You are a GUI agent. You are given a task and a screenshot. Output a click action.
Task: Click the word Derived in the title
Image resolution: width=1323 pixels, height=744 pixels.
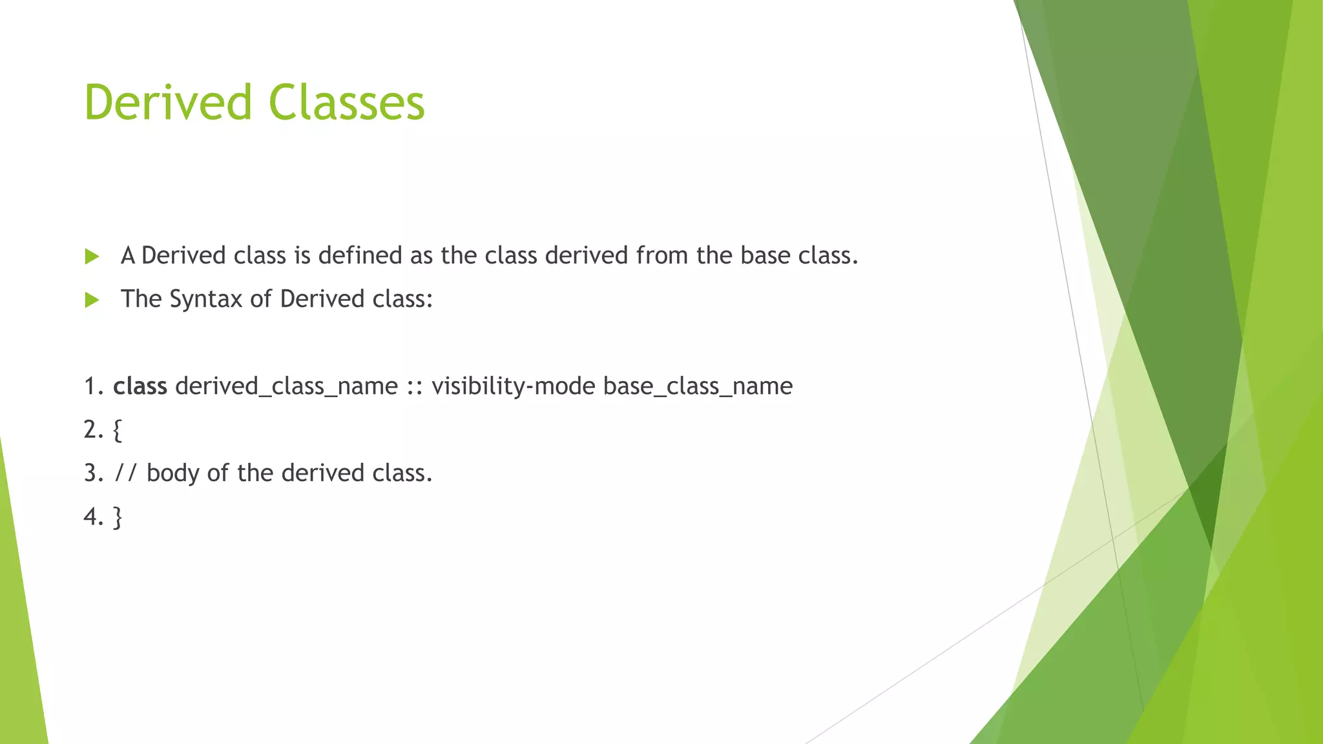coord(167,103)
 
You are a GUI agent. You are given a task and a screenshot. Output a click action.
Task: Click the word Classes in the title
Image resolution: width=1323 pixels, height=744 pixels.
coord(346,103)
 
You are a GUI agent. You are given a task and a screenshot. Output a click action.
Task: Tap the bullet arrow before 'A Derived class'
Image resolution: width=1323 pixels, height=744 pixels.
coord(92,256)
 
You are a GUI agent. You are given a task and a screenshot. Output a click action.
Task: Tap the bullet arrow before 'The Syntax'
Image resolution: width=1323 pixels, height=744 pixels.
coord(92,300)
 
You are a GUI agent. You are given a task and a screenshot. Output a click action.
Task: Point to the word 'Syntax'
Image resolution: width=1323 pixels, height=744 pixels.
coord(206,299)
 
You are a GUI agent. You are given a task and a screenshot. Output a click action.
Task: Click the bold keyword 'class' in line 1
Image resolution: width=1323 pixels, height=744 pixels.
coord(140,386)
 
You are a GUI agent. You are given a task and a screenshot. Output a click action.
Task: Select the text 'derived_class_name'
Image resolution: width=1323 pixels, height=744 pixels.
coord(286,386)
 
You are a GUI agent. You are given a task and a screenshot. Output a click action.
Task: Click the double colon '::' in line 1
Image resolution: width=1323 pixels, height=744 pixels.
coord(415,387)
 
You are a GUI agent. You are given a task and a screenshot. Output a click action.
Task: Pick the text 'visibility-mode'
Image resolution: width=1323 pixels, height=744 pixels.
coord(513,386)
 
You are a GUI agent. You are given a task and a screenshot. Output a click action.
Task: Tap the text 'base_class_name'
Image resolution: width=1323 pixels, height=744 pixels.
coord(698,386)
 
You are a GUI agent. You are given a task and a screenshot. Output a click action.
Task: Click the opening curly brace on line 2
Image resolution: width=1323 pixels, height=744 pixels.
coord(117,430)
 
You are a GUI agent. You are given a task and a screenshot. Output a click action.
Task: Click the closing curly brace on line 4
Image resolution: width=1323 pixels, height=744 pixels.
coord(117,517)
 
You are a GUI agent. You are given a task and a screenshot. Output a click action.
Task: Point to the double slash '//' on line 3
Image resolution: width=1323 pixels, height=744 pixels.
coord(126,473)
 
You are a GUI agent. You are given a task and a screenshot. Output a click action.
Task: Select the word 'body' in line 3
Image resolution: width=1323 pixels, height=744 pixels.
coord(172,473)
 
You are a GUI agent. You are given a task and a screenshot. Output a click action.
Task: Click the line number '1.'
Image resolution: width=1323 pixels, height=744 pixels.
coord(94,386)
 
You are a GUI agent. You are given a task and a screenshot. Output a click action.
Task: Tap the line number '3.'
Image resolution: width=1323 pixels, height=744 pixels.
coord(94,473)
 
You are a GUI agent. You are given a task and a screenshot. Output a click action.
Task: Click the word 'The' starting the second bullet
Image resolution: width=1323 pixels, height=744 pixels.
coord(141,299)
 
